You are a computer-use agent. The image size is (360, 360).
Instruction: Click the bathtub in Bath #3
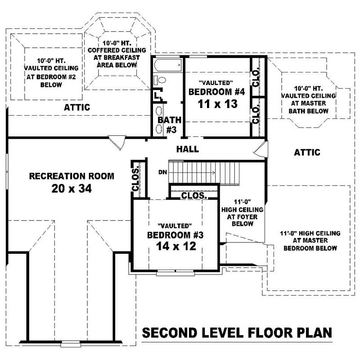tap(168, 65)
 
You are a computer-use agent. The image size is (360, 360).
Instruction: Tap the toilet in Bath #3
tap(160, 80)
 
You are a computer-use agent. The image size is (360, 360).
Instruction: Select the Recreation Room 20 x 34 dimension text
tap(72, 189)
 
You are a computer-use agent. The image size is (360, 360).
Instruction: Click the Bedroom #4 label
tap(217, 92)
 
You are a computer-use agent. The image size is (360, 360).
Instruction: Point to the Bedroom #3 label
tap(175, 235)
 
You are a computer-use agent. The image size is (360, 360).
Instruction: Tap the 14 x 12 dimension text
tap(176, 246)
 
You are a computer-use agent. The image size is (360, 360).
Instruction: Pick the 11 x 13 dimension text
tap(217, 104)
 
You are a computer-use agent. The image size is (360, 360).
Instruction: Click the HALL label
tap(188, 149)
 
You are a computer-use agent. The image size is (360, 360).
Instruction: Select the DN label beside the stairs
tap(162, 172)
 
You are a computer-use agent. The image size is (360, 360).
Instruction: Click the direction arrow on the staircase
tap(193, 172)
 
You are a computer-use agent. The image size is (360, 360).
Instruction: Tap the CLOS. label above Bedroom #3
tap(194, 196)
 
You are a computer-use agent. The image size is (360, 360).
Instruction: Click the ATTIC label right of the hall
tap(307, 152)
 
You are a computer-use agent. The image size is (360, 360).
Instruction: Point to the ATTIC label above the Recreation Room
tap(77, 107)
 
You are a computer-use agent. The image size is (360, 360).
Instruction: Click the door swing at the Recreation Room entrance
tap(117, 143)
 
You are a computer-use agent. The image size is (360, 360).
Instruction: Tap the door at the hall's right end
tap(261, 149)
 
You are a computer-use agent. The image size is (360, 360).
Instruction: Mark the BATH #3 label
tap(170, 125)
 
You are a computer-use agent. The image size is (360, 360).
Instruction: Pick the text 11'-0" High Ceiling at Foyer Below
tap(242, 213)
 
